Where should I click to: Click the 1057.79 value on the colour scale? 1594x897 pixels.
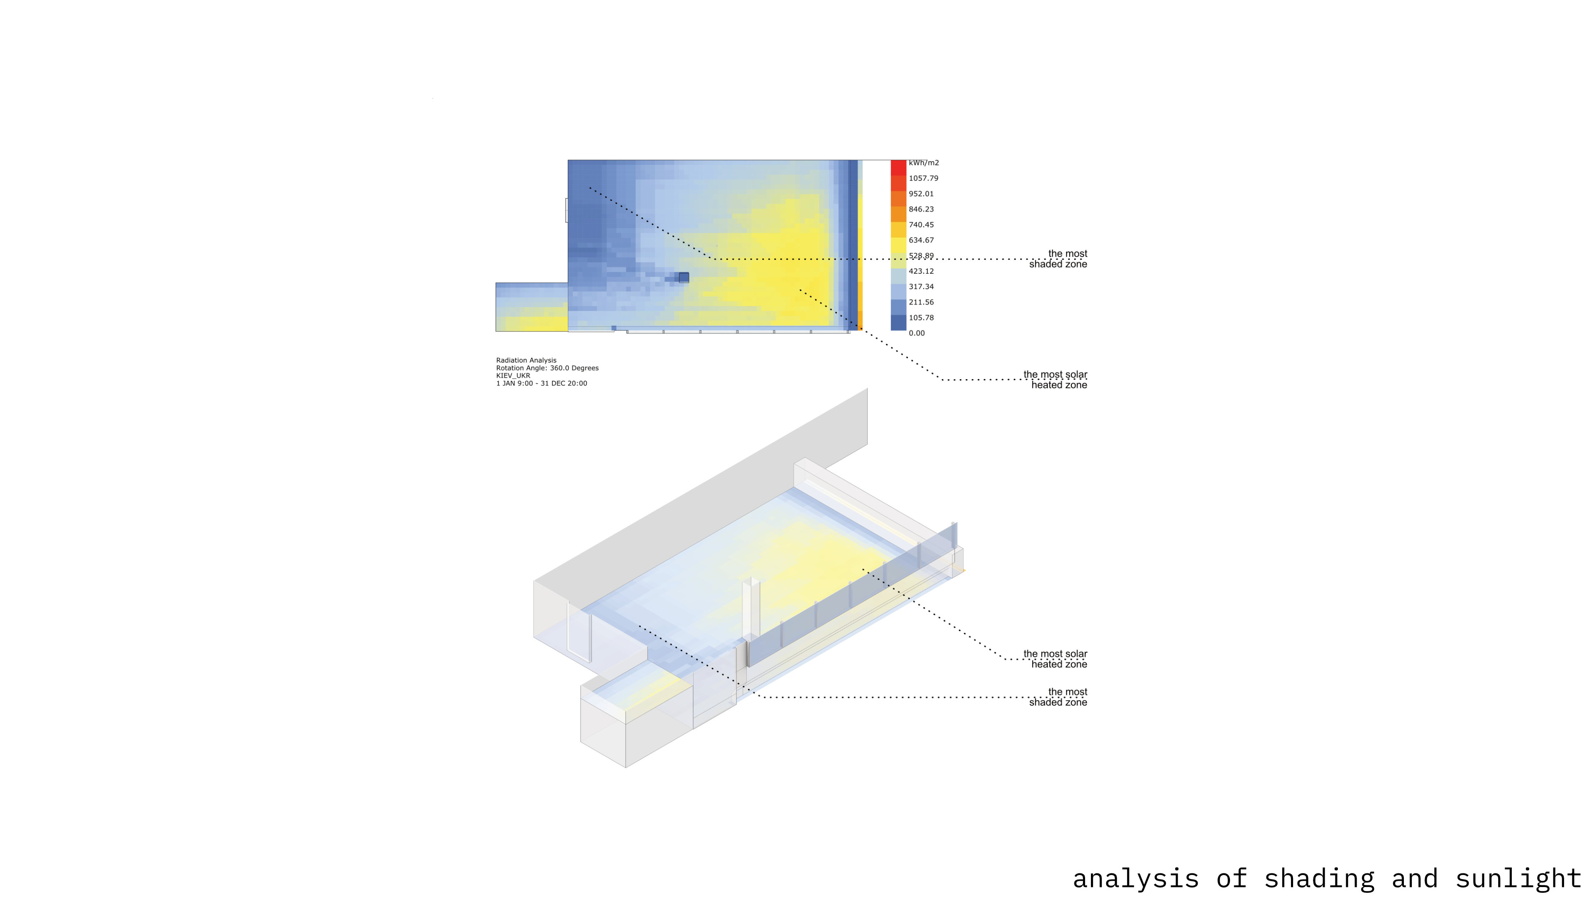pos(923,178)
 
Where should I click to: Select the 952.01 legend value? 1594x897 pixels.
pos(921,194)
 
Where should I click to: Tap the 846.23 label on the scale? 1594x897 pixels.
pos(921,209)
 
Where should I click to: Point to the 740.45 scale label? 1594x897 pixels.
pos(921,225)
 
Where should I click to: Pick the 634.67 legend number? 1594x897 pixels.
pos(921,240)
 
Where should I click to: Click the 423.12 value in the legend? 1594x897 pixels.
pos(921,271)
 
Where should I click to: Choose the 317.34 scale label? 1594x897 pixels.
pos(921,287)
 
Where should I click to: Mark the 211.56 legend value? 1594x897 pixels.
pos(921,302)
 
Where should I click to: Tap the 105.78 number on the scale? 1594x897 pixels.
pos(921,318)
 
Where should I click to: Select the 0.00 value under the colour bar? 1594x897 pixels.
pos(917,333)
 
